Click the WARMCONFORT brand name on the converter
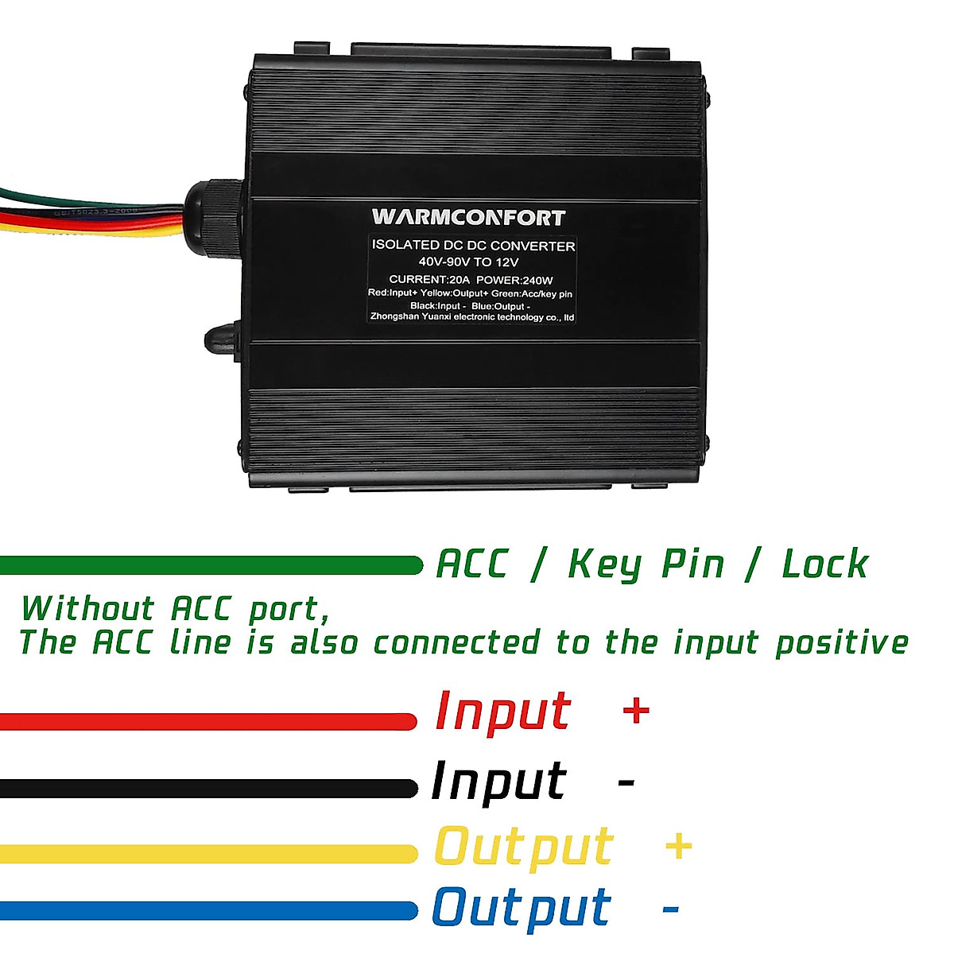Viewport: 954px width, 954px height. [x=468, y=217]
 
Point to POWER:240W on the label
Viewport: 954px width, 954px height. [x=514, y=279]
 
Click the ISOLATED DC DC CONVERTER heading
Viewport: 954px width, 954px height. [x=474, y=246]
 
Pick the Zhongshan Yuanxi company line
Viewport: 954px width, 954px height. [x=472, y=317]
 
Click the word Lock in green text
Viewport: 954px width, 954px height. [x=824, y=564]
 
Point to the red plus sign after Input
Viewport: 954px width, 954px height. [x=636, y=710]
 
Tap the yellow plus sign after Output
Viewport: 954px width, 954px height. [x=678, y=846]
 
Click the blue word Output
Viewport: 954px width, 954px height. [x=522, y=909]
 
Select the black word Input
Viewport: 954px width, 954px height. [x=498, y=781]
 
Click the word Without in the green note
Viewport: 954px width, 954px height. [x=87, y=609]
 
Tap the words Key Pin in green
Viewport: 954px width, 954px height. [x=646, y=564]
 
